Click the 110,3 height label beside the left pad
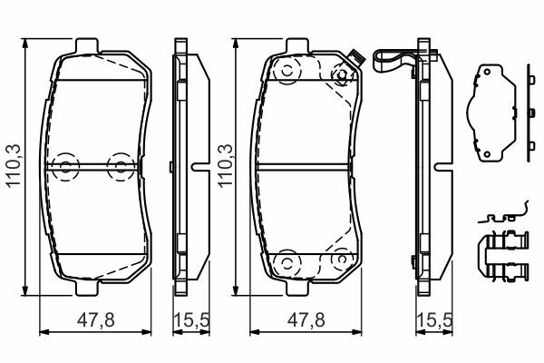tap(15, 166)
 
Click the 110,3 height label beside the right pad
tap(226, 166)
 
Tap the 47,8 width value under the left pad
tap(96, 320)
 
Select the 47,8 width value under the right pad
tap(306, 320)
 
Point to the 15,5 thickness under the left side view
tap(191, 320)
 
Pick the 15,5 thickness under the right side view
tap(434, 320)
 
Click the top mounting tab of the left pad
tap(87, 46)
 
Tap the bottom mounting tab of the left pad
tap(87, 288)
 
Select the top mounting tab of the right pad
tap(297, 46)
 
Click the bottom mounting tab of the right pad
tap(297, 288)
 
